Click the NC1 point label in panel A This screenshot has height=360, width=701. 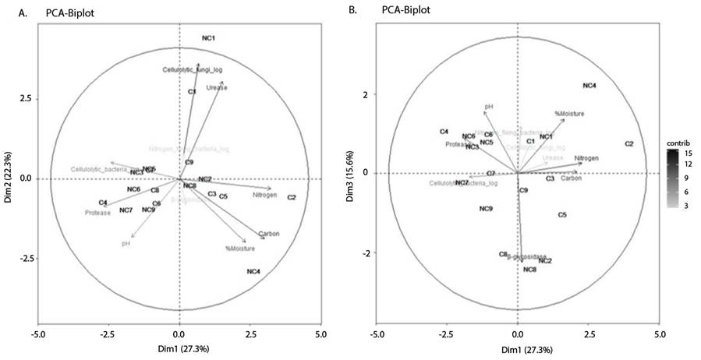point(208,38)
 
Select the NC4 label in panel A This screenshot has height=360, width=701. point(253,271)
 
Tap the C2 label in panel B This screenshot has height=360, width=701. point(629,144)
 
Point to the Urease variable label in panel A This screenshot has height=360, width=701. point(217,88)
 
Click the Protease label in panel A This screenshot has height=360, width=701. point(98,212)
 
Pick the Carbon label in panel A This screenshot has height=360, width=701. point(268,234)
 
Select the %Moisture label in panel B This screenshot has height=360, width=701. point(569,114)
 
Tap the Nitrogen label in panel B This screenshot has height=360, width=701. point(586,158)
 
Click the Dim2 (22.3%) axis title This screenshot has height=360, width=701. point(8,178)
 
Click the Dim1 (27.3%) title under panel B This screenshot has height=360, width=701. point(518,350)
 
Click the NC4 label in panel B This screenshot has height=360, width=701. point(589,86)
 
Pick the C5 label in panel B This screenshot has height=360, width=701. point(562,214)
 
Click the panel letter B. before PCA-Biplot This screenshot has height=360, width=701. point(352,10)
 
